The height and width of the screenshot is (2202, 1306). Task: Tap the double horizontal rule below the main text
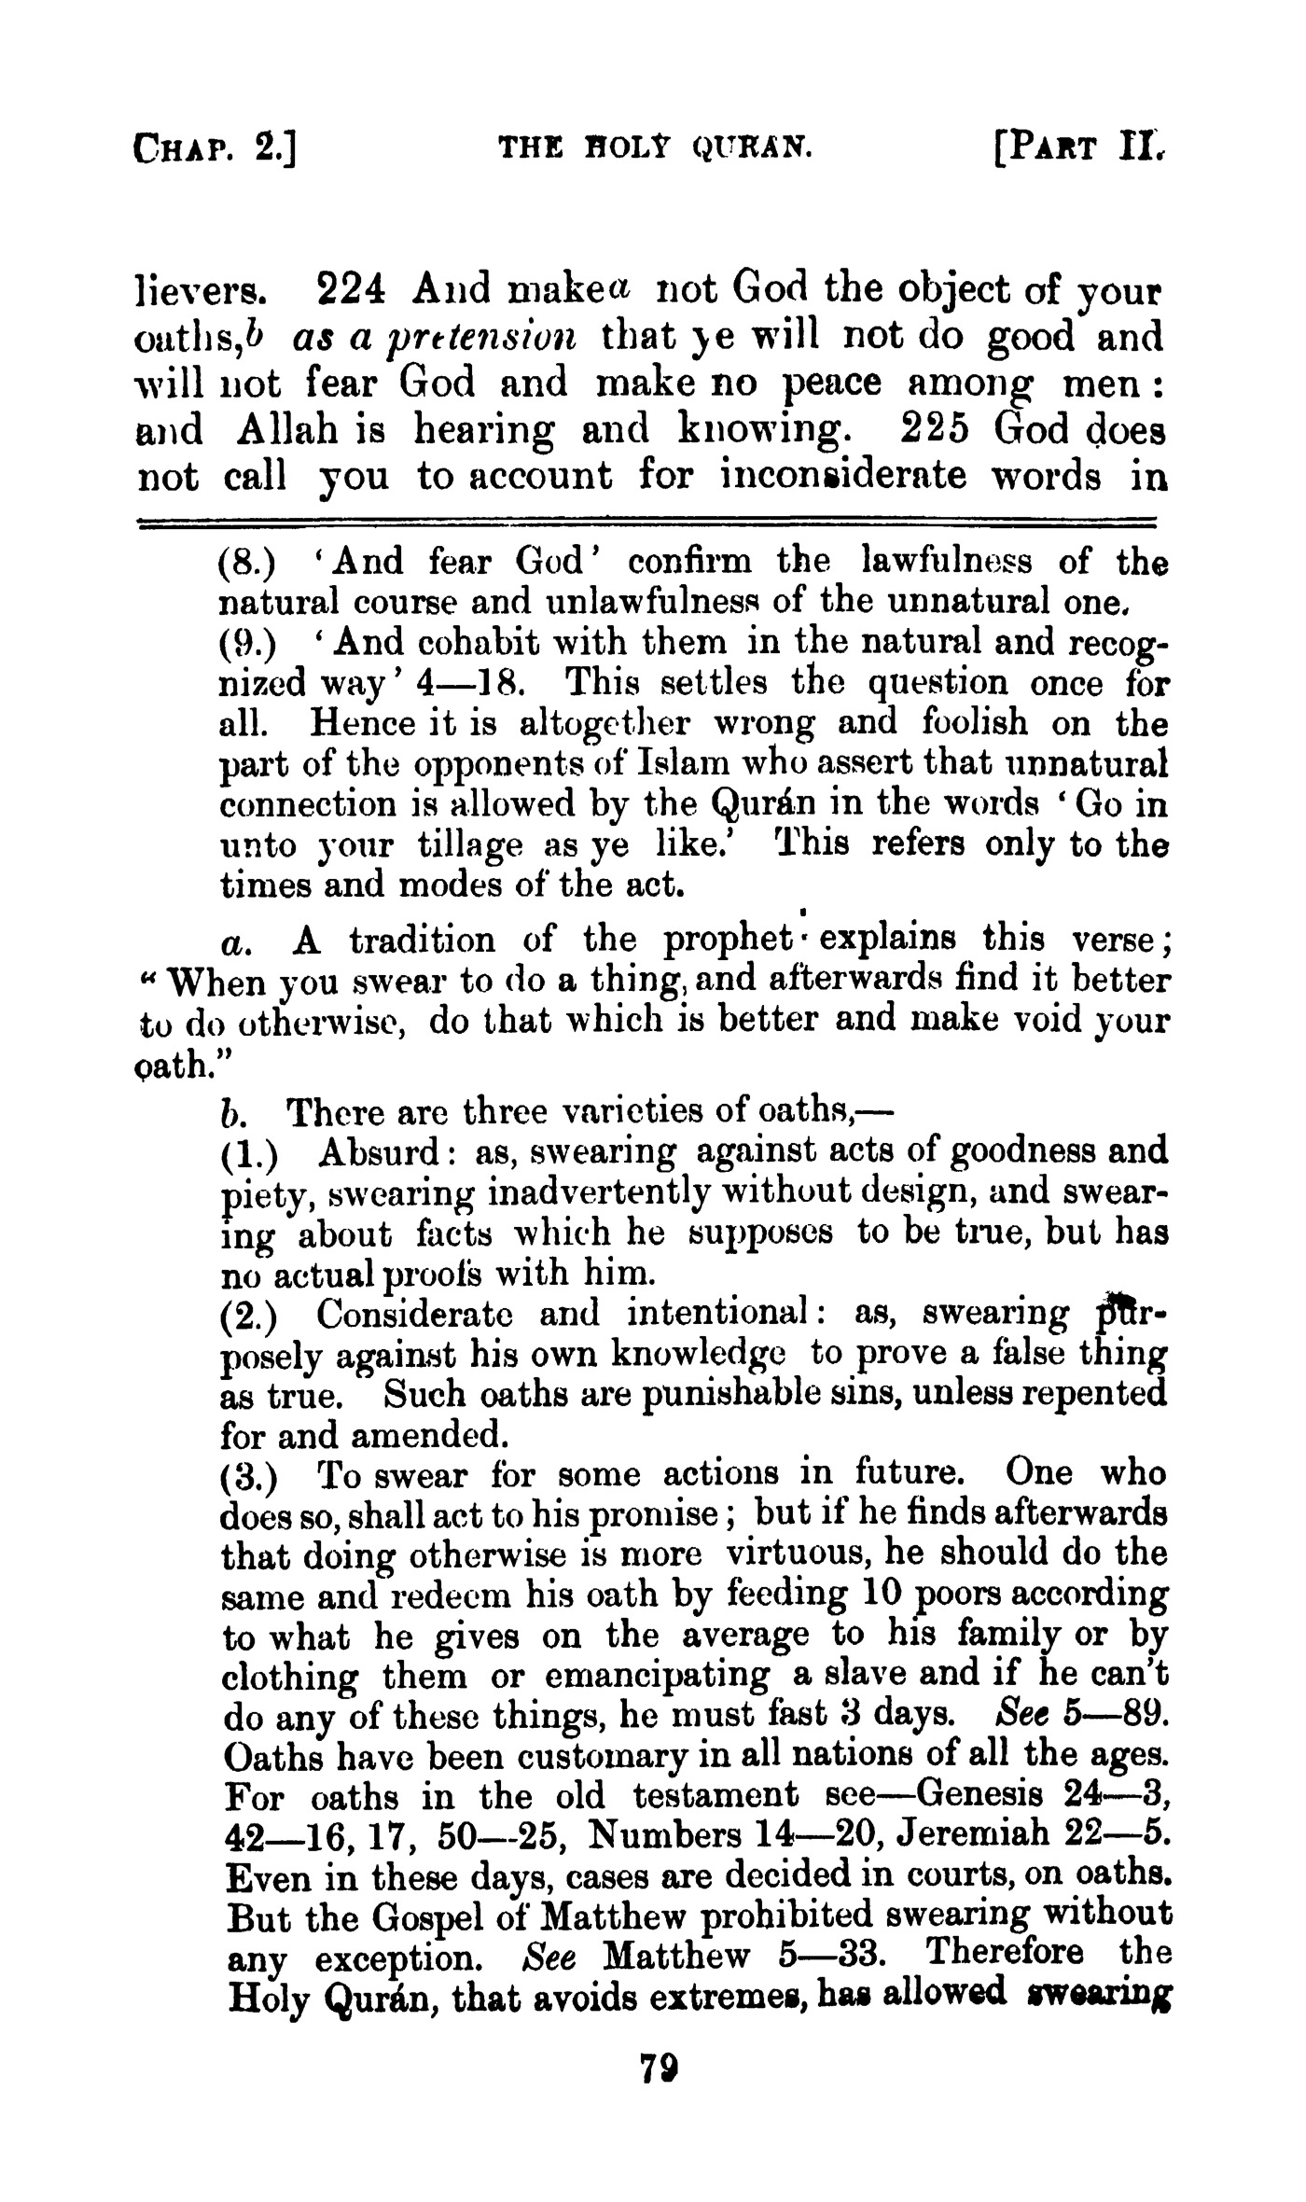[647, 523]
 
